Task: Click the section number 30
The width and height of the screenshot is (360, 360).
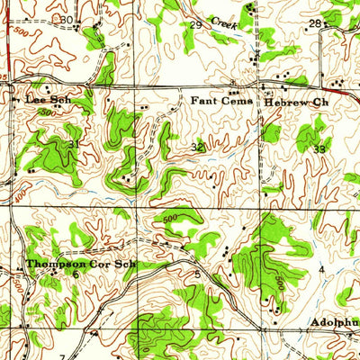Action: [67, 19]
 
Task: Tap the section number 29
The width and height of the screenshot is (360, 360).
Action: [195, 24]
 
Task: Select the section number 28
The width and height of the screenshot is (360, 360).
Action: [315, 22]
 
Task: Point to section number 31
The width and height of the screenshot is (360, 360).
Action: [73, 144]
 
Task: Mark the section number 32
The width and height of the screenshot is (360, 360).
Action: [197, 146]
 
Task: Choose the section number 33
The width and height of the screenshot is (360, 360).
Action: [319, 148]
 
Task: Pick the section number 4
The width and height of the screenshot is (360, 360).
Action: [321, 269]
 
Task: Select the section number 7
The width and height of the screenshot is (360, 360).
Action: [62, 356]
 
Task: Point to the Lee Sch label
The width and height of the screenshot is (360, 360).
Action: [47, 101]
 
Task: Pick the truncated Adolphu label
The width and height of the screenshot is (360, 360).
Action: [335, 321]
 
